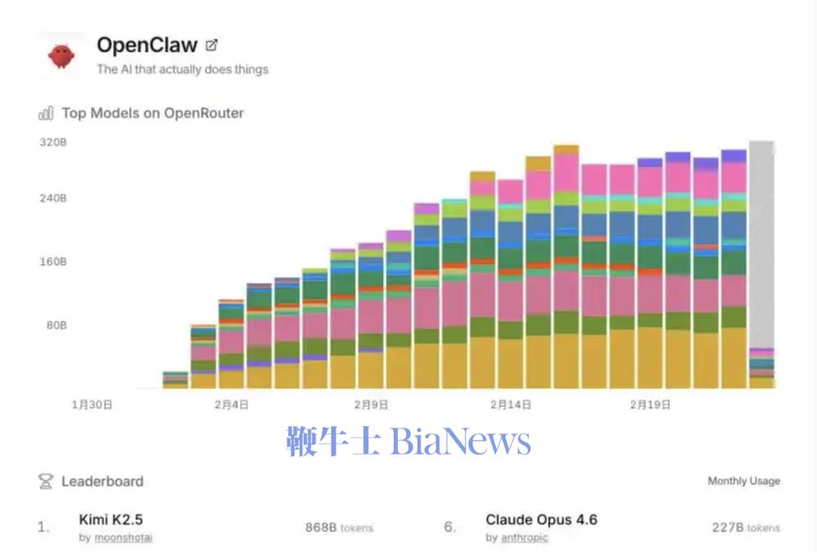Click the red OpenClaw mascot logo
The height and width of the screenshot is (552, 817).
(61, 56)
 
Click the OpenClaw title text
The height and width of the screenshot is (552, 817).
(147, 46)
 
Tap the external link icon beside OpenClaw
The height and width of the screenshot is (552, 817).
(212, 46)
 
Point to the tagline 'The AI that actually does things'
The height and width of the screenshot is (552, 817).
(182, 70)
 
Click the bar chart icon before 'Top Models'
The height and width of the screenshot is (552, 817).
(46, 114)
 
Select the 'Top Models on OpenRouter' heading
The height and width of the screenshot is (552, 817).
(153, 113)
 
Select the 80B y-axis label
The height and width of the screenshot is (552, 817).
(56, 325)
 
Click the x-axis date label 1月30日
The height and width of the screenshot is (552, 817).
(92, 404)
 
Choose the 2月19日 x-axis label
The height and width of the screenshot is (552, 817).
(649, 404)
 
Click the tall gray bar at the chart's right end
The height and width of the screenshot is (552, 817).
(761, 245)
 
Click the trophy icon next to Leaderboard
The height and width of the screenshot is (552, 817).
(46, 482)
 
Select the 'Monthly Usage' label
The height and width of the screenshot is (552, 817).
(743, 481)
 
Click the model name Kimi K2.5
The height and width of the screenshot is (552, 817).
(111, 519)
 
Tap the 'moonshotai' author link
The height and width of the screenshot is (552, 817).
(123, 537)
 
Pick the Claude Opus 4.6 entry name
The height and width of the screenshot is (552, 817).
(541, 519)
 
